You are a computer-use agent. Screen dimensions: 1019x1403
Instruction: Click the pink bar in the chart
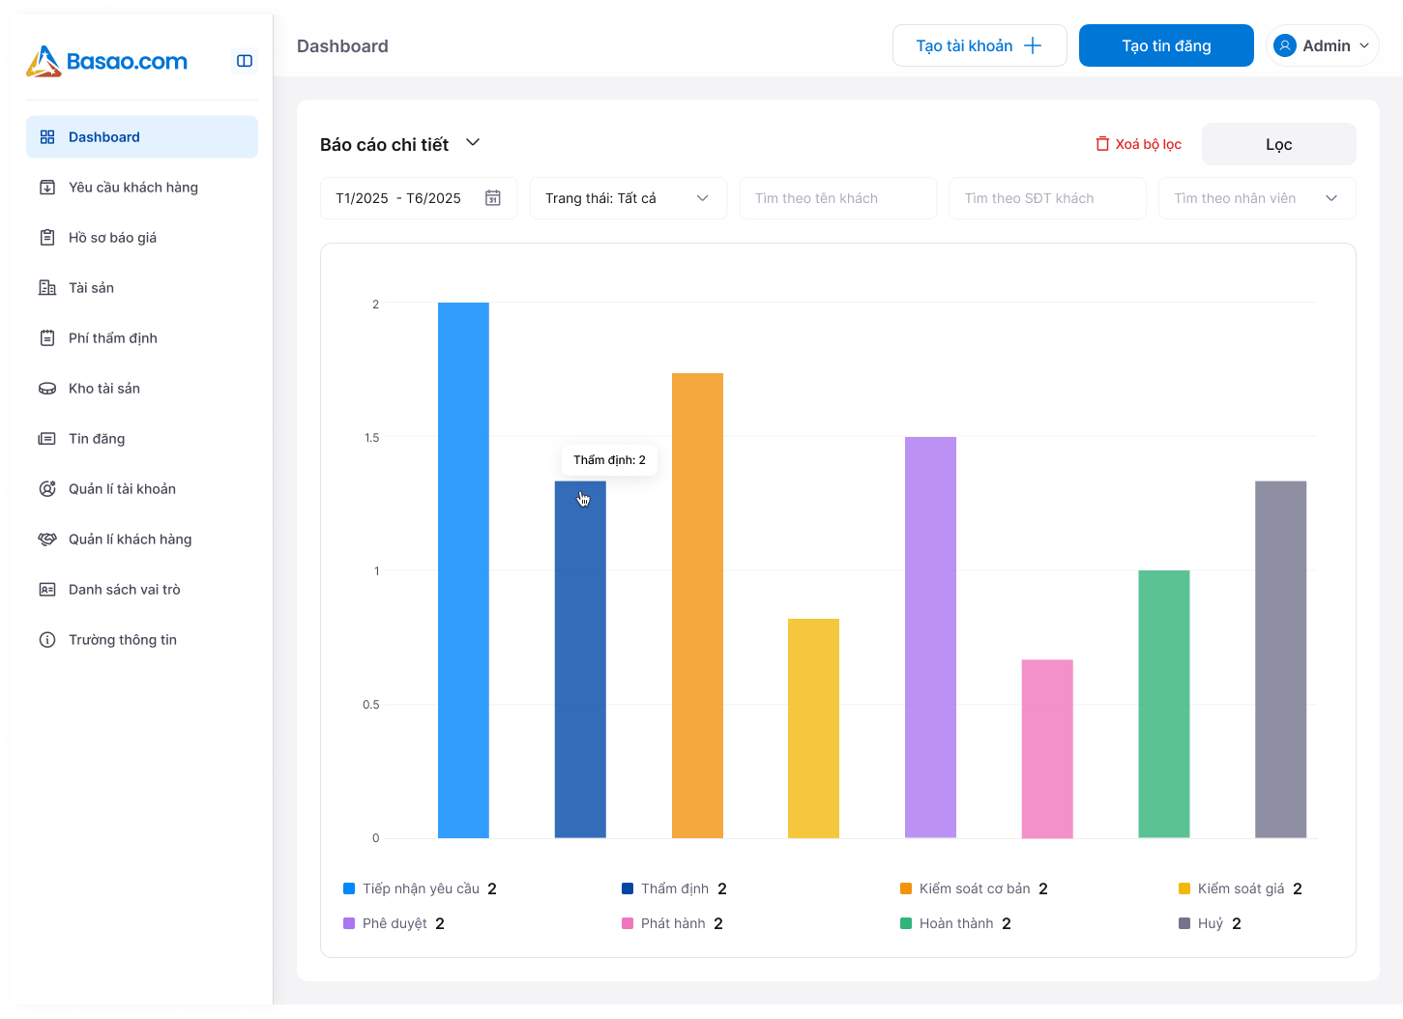pyautogui.click(x=1047, y=748)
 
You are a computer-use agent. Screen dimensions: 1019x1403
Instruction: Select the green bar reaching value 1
pyautogui.click(x=1163, y=704)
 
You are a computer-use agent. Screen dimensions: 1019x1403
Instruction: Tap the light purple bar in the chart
pyautogui.click(x=930, y=637)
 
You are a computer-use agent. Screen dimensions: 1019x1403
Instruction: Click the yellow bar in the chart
pyautogui.click(x=813, y=728)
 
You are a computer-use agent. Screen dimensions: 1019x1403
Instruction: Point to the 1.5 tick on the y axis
pyautogui.click(x=372, y=438)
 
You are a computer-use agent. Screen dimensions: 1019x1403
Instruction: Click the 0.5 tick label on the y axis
pyautogui.click(x=371, y=705)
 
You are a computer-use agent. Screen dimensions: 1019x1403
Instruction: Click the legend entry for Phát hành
pyautogui.click(x=672, y=923)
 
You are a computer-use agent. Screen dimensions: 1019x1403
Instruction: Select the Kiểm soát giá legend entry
pyautogui.click(x=1240, y=888)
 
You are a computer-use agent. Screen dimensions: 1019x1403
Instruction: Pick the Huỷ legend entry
pyautogui.click(x=1210, y=923)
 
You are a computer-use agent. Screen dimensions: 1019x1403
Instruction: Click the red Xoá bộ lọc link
pyautogui.click(x=1139, y=144)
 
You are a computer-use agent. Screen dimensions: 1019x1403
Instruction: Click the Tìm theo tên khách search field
pyautogui.click(x=837, y=198)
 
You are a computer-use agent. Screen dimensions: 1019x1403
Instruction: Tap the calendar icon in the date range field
pyautogui.click(x=493, y=198)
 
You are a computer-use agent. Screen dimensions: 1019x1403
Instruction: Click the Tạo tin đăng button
pyautogui.click(x=1166, y=45)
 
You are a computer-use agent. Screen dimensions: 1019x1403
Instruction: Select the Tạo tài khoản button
pyautogui.click(x=979, y=45)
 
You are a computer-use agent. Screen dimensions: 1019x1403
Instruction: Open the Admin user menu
pyautogui.click(x=1322, y=45)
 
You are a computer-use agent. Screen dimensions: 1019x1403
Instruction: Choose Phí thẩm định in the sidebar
pyautogui.click(x=113, y=338)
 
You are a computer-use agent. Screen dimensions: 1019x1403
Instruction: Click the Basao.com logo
pyautogui.click(x=107, y=61)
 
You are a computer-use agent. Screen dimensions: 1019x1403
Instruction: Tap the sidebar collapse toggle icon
pyautogui.click(x=245, y=61)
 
